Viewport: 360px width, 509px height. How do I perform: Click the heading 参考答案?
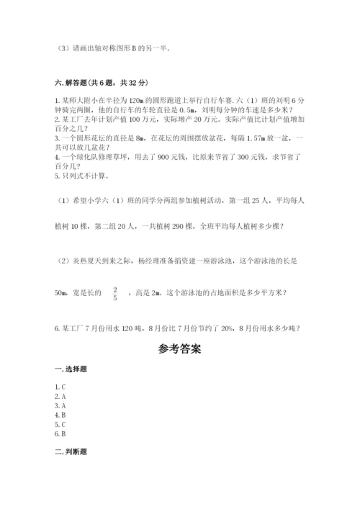[179, 351]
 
